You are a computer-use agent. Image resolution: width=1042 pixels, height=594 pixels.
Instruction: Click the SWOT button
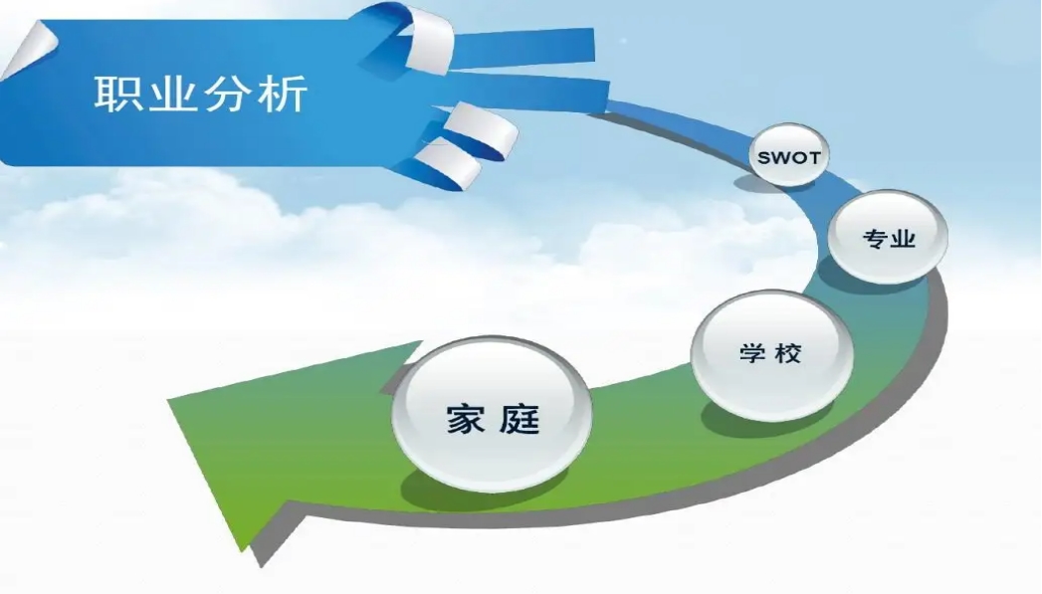[x=789, y=155]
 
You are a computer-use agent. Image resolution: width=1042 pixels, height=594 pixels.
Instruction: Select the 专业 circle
[x=889, y=237]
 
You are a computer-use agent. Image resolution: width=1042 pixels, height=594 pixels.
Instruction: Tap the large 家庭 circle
[x=492, y=415]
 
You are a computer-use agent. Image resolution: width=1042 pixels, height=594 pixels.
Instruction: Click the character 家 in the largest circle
[x=465, y=419]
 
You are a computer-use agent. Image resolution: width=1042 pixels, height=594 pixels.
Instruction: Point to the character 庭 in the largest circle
[x=520, y=419]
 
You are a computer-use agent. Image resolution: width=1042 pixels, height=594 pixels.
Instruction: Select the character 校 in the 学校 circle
[x=788, y=352]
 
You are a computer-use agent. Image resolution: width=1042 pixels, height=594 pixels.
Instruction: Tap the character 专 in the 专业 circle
[x=875, y=238]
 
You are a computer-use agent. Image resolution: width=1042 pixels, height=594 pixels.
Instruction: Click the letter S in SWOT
[x=763, y=158]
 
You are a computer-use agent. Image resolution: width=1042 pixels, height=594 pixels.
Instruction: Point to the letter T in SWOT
[x=813, y=158]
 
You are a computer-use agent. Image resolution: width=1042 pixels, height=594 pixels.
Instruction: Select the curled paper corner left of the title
[x=29, y=49]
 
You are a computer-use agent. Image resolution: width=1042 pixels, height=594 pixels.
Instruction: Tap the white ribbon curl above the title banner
[x=429, y=39]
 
